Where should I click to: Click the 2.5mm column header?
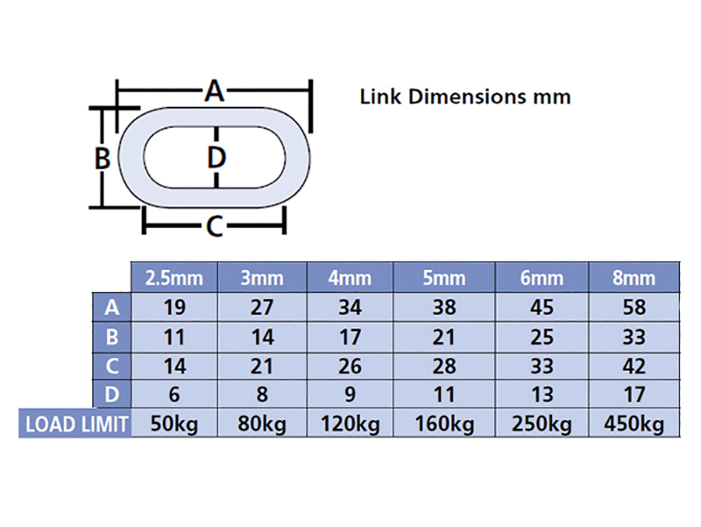tap(173, 278)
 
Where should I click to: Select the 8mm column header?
tap(634, 278)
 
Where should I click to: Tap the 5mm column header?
tap(444, 278)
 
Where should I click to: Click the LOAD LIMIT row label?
tap(76, 424)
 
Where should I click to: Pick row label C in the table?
tap(112, 367)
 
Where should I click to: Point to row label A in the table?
tap(112, 307)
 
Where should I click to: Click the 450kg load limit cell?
tap(634, 424)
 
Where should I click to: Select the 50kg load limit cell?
tap(173, 424)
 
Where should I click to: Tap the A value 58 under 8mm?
tap(634, 307)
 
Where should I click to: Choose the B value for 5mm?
tap(444, 337)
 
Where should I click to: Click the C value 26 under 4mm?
tap(350, 367)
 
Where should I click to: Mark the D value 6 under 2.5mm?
tap(173, 395)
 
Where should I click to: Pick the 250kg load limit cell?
tap(542, 424)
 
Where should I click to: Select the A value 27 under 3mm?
tap(262, 307)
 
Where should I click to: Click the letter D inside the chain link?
tap(216, 158)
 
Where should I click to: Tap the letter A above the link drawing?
tap(215, 91)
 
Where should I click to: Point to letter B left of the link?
tap(103, 158)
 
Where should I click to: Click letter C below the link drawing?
tap(215, 226)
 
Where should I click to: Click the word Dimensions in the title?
tap(467, 96)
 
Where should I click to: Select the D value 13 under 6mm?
tap(542, 395)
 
